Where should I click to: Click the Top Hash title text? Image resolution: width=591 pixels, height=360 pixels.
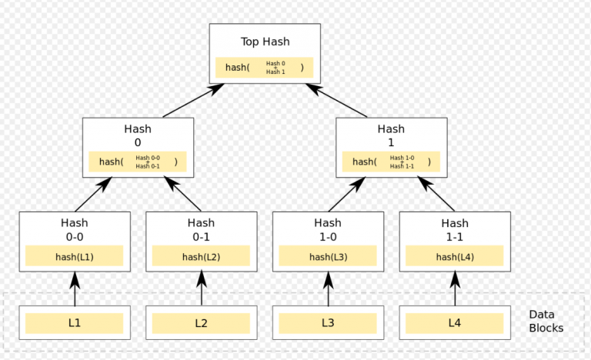tap(265, 42)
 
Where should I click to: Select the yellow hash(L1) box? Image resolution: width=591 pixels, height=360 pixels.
tap(74, 256)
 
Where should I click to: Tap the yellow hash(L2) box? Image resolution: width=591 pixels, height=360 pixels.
tap(201, 256)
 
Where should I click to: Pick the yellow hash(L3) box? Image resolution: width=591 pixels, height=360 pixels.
tap(328, 256)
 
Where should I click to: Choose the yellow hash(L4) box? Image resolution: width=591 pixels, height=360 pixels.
tap(455, 256)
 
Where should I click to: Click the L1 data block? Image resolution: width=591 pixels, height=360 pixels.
tap(74, 323)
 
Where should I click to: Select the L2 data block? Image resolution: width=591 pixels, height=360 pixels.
tap(201, 323)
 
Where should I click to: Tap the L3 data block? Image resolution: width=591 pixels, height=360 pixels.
tap(328, 323)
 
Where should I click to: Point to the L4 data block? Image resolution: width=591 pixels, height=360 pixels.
tap(455, 323)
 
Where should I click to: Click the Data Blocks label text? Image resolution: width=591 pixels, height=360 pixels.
tap(546, 322)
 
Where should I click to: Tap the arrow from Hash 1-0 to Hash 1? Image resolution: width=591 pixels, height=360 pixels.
tap(346, 194)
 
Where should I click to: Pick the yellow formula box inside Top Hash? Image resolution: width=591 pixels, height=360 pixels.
tap(264, 67)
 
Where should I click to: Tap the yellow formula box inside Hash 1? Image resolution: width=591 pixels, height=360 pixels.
tap(391, 162)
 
